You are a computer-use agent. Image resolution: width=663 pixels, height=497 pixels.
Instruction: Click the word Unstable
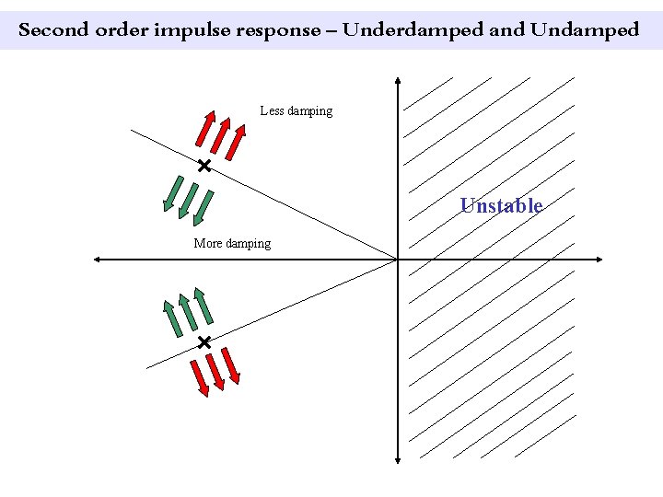click(501, 205)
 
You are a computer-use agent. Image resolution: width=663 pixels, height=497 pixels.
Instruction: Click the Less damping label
click(297, 111)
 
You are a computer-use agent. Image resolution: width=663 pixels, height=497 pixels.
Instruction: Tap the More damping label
click(232, 244)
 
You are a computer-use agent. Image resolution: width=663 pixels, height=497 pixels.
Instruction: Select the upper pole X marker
click(204, 166)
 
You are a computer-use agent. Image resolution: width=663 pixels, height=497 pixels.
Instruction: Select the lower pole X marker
click(204, 342)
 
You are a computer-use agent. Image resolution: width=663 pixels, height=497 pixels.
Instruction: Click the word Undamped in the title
click(584, 29)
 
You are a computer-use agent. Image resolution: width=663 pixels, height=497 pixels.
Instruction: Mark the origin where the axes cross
click(397, 260)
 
